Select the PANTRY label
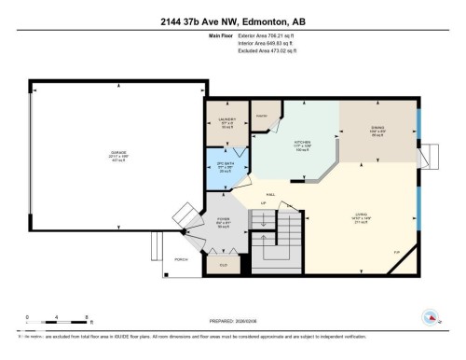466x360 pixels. click(x=262, y=115)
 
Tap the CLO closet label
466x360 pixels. click(x=223, y=265)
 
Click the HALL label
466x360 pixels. click(x=271, y=193)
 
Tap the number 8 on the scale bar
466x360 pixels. click(x=86, y=317)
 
